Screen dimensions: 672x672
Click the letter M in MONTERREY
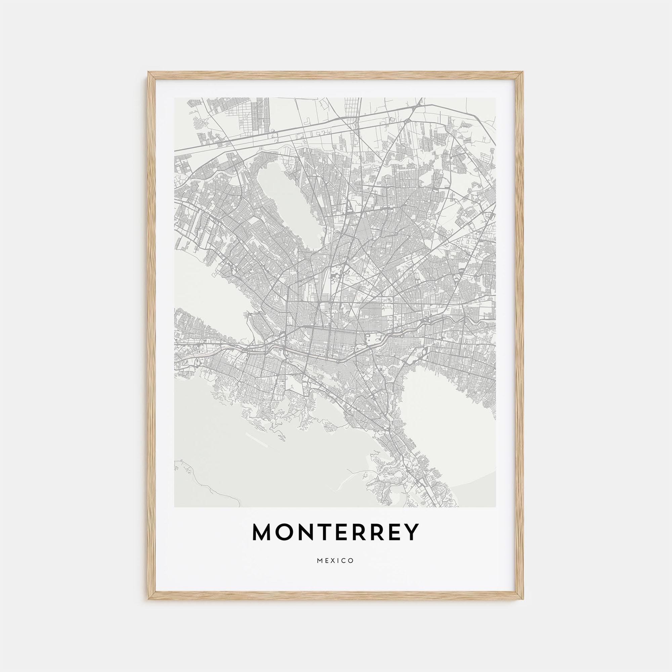261,542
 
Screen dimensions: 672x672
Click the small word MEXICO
335,571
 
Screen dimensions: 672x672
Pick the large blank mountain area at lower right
452,417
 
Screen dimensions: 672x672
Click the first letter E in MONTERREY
346,542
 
